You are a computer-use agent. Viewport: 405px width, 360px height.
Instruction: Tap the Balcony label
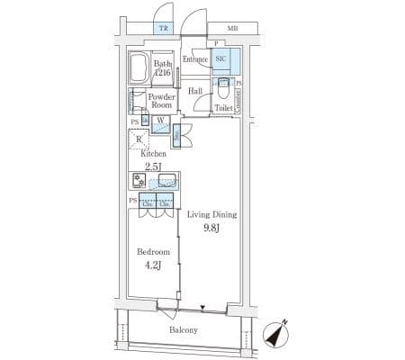click(x=182, y=330)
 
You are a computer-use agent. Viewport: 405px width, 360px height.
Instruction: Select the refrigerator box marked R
click(x=139, y=138)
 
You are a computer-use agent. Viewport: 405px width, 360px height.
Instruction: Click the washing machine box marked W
click(x=158, y=121)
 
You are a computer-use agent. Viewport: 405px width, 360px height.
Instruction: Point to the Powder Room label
click(x=161, y=100)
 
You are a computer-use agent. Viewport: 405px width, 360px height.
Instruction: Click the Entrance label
click(x=195, y=59)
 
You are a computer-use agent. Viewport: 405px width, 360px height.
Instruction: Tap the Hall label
click(x=195, y=91)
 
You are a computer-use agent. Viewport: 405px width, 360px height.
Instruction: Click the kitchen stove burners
click(x=139, y=179)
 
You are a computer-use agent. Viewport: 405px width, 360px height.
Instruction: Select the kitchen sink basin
click(x=166, y=181)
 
